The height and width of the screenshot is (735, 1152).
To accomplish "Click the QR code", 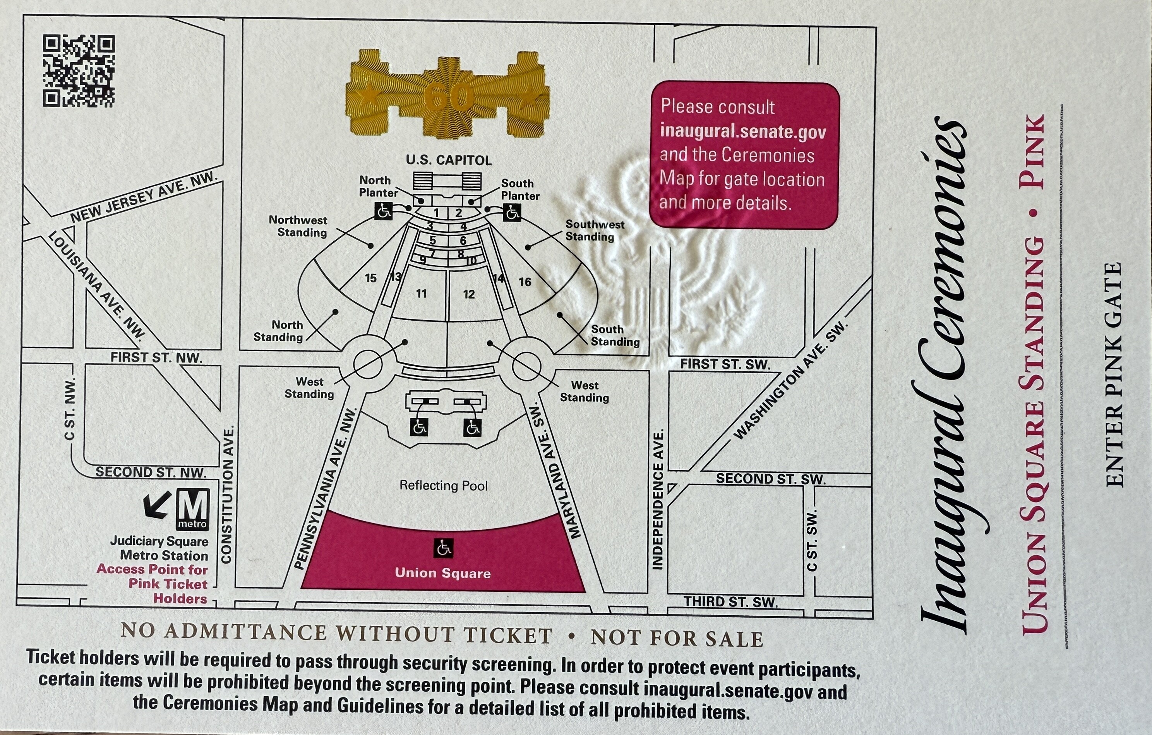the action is tap(79, 71).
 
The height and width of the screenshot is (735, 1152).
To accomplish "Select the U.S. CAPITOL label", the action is tap(449, 160).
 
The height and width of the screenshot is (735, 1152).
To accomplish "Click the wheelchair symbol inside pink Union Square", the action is tap(444, 548).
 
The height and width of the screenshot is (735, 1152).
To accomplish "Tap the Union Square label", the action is tap(443, 573).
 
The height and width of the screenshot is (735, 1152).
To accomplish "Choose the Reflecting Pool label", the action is tap(444, 486).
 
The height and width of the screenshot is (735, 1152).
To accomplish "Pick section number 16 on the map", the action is tap(525, 282).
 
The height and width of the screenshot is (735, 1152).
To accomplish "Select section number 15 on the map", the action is tap(371, 278).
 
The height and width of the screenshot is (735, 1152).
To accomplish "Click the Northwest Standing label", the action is tap(298, 226).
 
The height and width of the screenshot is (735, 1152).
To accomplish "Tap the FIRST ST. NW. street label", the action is tap(156, 357).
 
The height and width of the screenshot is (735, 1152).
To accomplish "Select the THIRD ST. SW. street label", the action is tap(730, 601).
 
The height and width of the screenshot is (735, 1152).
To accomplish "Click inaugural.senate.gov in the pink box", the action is tap(743, 131).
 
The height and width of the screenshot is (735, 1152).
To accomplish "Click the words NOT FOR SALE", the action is tap(677, 638).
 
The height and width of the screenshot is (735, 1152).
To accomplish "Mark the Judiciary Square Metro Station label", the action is tap(159, 548).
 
